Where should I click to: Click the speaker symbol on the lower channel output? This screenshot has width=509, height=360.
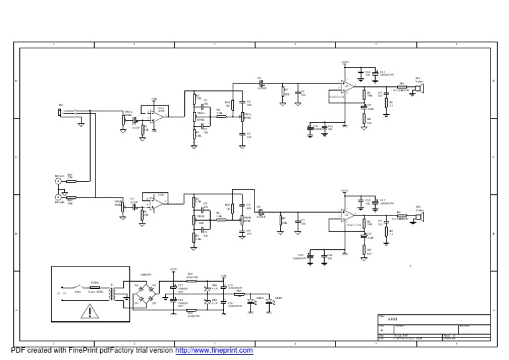coord(419,215)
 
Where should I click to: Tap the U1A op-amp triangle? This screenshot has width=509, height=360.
coord(157,116)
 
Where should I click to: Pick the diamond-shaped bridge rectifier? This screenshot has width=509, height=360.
coord(145,292)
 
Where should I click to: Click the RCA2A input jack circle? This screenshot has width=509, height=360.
coord(58,180)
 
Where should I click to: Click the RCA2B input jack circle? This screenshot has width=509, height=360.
coord(58,197)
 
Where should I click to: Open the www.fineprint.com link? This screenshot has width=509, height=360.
coord(214,350)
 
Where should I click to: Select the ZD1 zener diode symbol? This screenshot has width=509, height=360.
coord(207,288)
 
